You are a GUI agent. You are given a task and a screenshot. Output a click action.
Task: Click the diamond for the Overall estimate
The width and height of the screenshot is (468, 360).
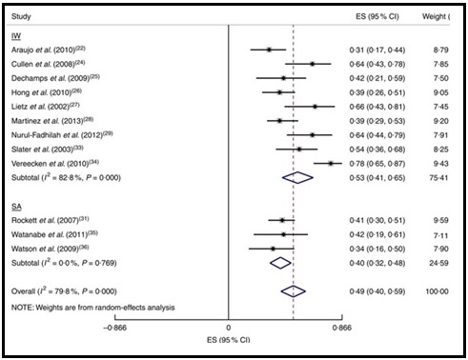point(294,290)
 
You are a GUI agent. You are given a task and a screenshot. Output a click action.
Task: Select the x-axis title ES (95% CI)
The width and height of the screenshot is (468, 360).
point(227,338)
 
